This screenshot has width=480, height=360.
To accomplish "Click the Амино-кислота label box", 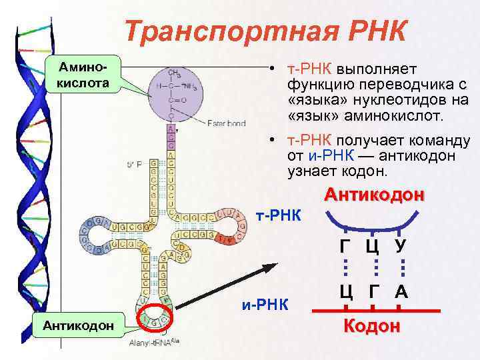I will click(81, 75).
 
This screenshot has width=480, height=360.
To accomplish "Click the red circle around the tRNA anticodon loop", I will click(154, 321).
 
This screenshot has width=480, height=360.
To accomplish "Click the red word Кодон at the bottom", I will click(372, 326).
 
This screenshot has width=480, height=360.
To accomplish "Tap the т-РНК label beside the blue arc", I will click(278, 216).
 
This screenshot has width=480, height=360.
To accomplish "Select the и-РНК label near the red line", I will click(265, 305).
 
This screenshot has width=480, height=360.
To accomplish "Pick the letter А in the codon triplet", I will click(401, 291).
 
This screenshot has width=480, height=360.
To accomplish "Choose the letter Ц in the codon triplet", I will click(345, 291).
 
